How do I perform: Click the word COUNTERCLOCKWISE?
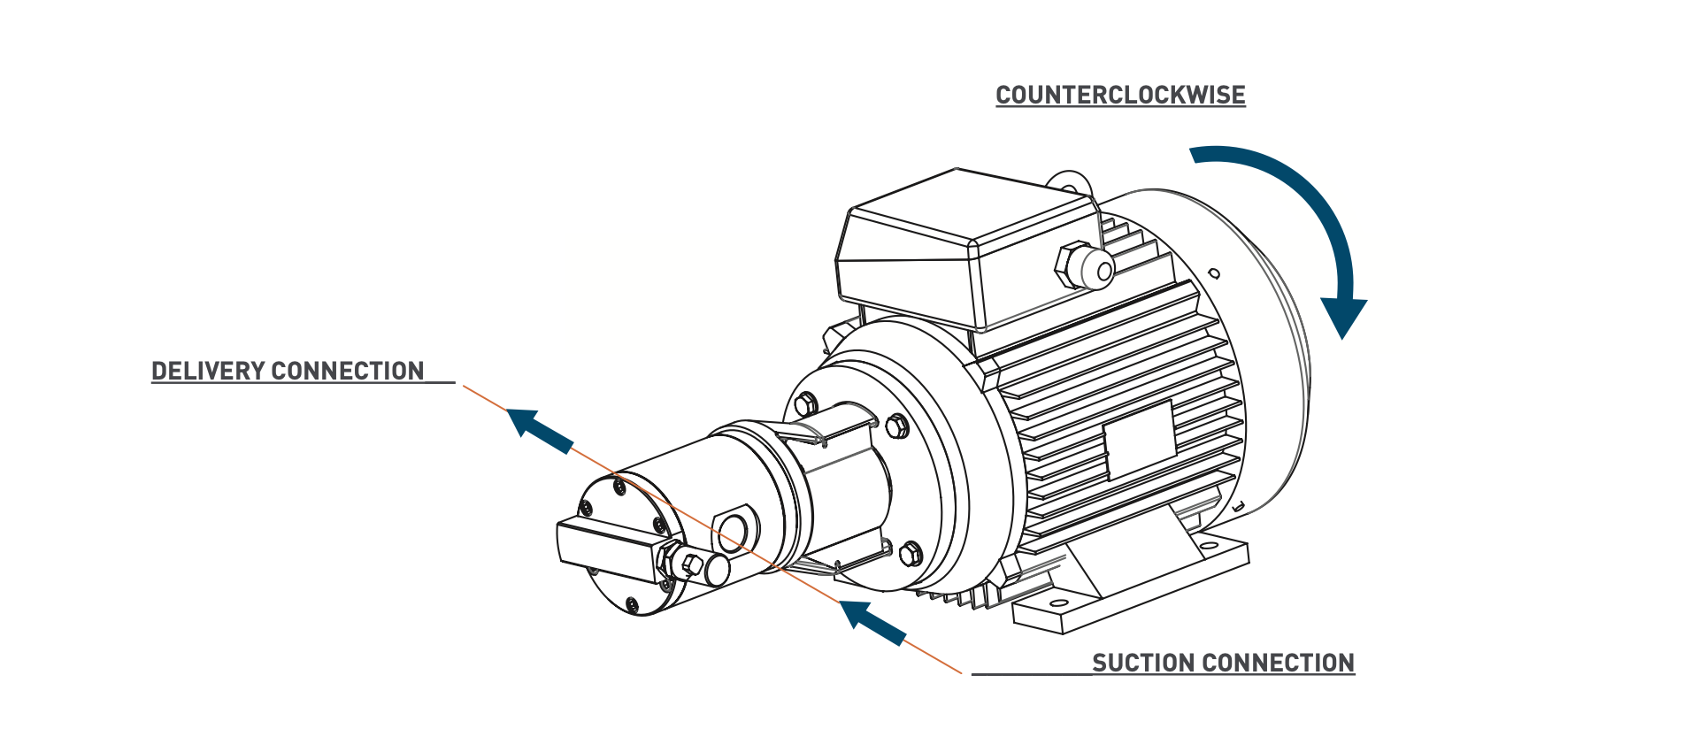[1120, 95]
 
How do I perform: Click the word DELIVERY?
[207, 371]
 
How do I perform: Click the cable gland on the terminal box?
[1085, 265]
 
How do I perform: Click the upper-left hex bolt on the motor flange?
[804, 405]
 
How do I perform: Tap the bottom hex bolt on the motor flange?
[911, 555]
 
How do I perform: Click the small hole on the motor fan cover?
[1214, 273]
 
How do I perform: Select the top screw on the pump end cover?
[619, 486]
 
